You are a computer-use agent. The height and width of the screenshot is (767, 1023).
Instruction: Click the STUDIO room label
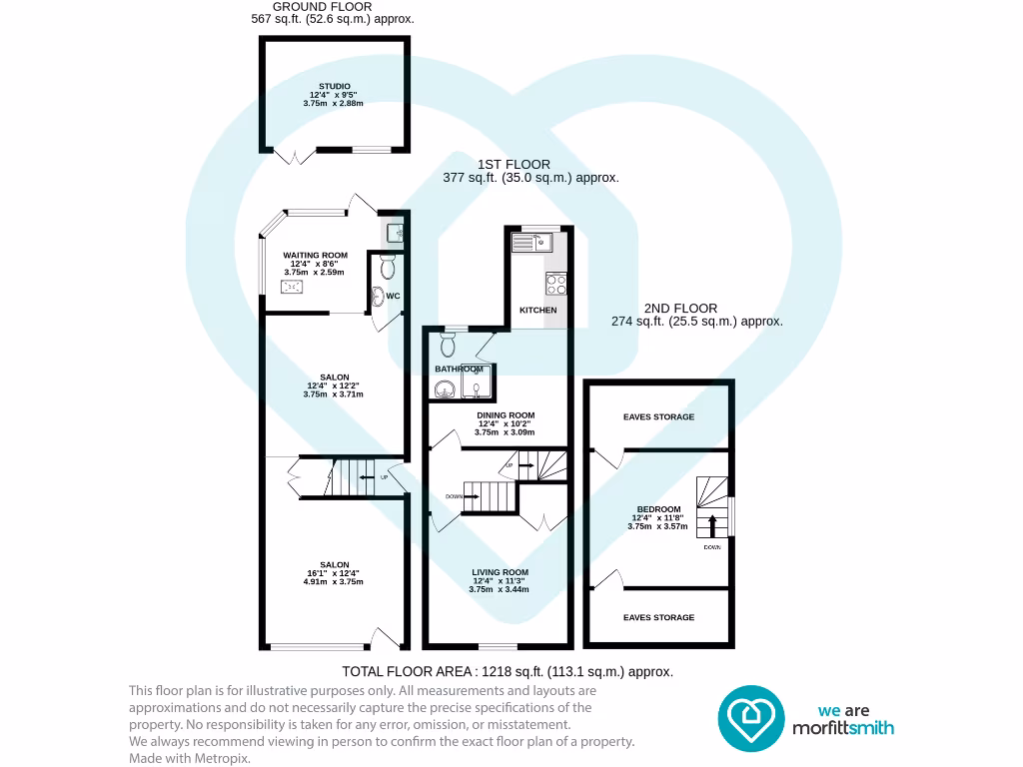[334, 87]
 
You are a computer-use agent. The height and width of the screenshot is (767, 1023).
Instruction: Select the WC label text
[393, 296]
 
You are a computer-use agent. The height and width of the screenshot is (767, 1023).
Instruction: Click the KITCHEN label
[537, 311]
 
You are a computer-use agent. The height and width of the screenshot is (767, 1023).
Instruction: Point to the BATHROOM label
[459, 370]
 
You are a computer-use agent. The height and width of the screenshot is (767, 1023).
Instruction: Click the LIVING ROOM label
[501, 573]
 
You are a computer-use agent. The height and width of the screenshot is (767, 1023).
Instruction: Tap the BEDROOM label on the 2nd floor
[658, 509]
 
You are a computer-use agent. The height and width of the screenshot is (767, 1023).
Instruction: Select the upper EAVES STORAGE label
[658, 417]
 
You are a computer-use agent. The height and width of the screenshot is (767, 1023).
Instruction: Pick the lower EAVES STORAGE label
[658, 618]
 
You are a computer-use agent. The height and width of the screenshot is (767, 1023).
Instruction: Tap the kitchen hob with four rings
[555, 284]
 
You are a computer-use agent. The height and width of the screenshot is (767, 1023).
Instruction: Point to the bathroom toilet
[447, 344]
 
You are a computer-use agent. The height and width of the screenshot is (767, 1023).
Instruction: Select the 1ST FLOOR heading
[513, 165]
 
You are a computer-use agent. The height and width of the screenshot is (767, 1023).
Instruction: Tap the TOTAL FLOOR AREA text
[508, 672]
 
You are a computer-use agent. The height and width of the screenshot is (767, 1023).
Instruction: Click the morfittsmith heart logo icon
[750, 717]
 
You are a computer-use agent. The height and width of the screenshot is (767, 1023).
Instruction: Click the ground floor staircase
[351, 477]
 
